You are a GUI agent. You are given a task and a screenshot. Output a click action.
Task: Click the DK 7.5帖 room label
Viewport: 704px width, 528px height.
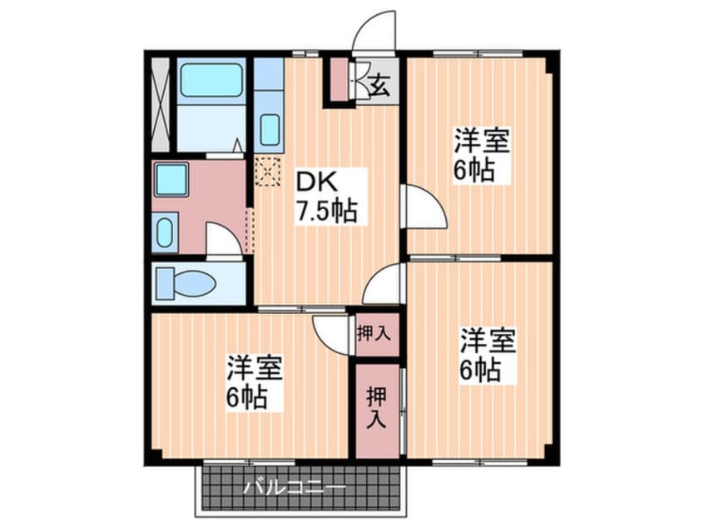[x=325, y=197]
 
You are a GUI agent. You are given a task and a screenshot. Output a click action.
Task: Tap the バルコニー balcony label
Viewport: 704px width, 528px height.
[x=295, y=487]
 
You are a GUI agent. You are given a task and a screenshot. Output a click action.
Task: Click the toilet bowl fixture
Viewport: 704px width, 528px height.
[x=186, y=283]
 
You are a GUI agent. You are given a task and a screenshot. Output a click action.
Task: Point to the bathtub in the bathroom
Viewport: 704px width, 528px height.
[x=211, y=81]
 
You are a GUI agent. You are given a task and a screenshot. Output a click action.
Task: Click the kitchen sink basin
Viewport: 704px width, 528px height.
[x=270, y=129]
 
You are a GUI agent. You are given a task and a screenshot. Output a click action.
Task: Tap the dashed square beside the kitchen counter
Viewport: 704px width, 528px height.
[x=268, y=171]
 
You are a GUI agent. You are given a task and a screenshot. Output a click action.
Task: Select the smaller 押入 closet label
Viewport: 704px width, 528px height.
[x=374, y=333]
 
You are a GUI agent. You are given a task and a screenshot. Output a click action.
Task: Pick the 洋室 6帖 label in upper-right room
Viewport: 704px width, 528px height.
[x=481, y=155]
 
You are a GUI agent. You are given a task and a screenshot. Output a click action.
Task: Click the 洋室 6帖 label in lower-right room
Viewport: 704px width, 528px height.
[x=487, y=356]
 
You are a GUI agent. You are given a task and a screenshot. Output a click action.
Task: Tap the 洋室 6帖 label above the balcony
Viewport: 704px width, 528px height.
[x=254, y=382]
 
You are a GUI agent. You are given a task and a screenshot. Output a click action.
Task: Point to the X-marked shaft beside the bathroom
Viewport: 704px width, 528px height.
[x=161, y=105]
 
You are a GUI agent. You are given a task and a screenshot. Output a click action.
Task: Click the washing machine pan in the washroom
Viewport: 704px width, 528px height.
[x=171, y=180]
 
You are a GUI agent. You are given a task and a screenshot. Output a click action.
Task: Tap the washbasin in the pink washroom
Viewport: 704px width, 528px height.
[x=165, y=232]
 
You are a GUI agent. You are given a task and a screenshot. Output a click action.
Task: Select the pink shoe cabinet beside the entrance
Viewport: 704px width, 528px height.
[x=339, y=80]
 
